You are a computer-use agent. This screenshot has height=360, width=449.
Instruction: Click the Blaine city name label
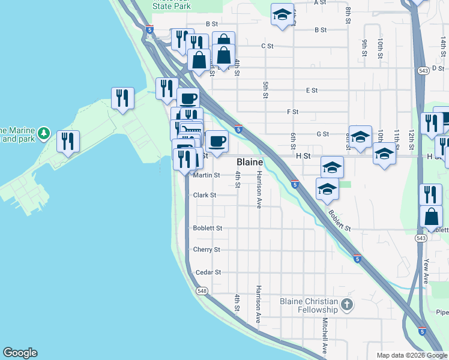click(249, 162)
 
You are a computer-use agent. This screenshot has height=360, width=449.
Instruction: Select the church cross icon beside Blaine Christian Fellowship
click(346, 305)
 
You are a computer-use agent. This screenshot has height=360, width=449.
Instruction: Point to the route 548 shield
click(201, 291)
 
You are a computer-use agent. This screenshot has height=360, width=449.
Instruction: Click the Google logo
click(20, 353)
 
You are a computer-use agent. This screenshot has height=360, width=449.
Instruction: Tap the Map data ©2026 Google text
click(411, 355)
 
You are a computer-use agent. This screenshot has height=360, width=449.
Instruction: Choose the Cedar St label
click(208, 272)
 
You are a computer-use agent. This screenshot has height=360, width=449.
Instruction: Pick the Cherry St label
click(206, 250)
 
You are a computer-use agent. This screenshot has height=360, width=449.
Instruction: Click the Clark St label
click(205, 195)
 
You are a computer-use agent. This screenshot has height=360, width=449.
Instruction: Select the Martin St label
click(207, 175)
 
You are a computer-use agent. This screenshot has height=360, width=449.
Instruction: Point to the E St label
click(312, 91)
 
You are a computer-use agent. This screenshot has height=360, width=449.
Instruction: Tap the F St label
click(293, 112)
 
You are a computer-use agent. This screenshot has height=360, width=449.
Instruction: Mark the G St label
click(323, 134)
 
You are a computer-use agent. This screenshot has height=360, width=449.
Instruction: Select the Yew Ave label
click(426, 271)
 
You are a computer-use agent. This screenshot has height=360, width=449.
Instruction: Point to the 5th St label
click(265, 89)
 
